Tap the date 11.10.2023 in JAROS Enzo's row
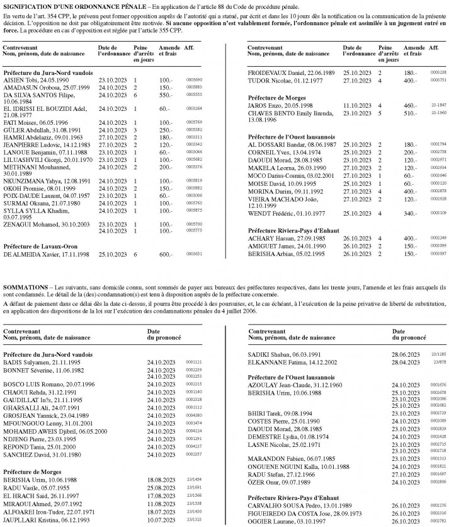pyautogui.click(x=356, y=106)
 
